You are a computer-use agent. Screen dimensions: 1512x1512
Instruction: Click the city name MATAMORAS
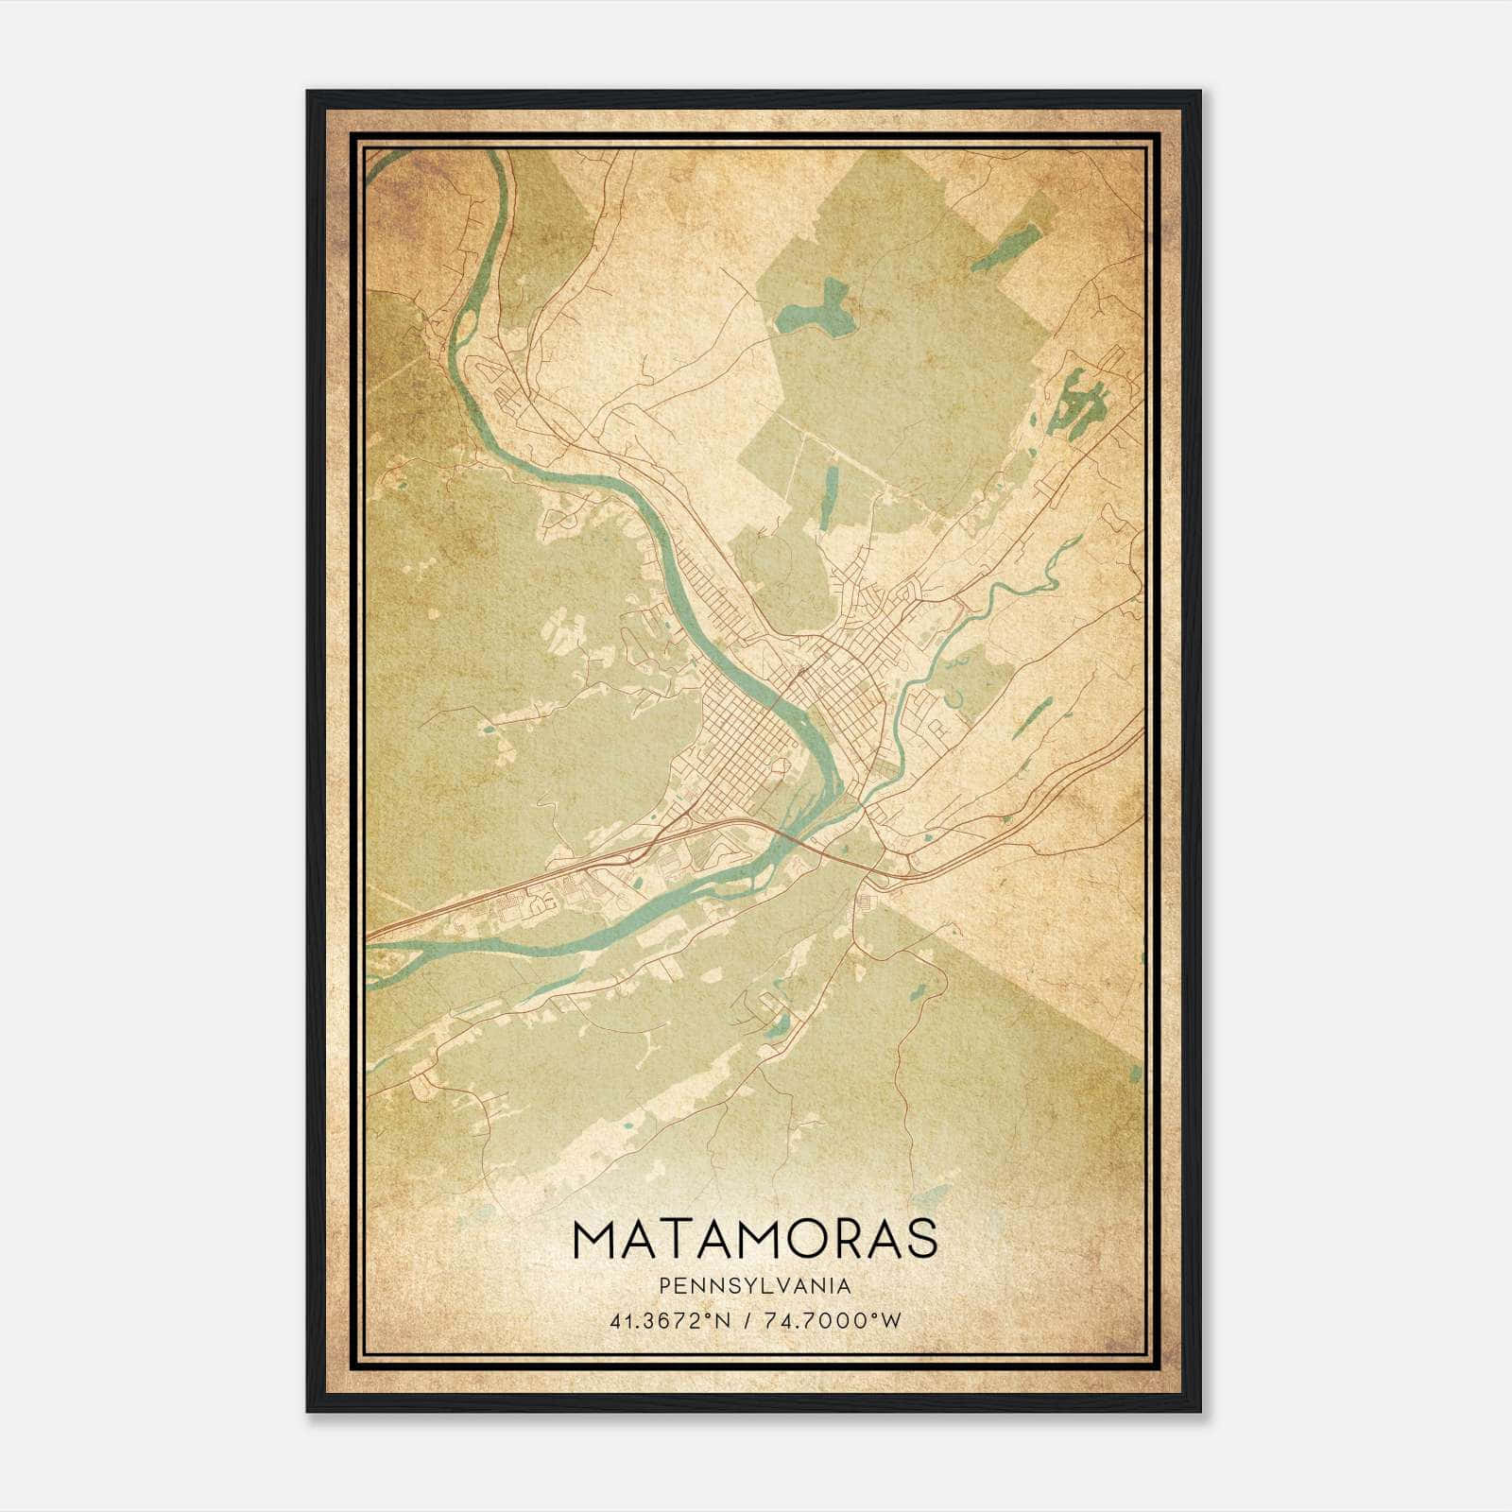[x=755, y=1241]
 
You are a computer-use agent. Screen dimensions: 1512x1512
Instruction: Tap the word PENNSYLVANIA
[x=755, y=1286]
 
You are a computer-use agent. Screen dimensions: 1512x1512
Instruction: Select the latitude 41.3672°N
[x=672, y=1321]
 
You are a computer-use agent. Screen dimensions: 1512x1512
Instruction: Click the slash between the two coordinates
[x=748, y=1321]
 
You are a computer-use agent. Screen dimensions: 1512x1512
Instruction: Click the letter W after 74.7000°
[x=891, y=1321]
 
